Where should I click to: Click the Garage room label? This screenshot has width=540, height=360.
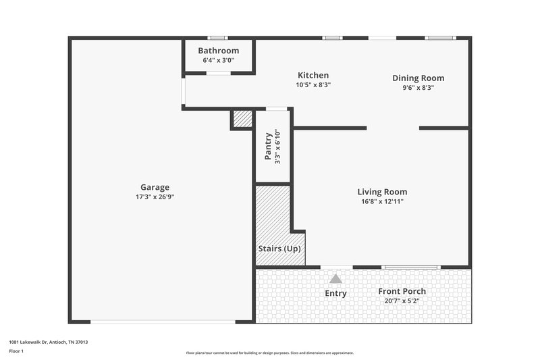pos(155,187)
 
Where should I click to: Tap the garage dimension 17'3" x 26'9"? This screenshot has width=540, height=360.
pos(155,197)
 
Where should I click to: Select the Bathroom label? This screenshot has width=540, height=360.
pos(218,51)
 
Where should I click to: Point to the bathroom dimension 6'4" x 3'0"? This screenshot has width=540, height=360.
pos(218,60)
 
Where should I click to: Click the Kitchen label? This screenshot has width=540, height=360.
pos(313,75)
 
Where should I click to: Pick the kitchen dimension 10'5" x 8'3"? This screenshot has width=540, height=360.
pos(313,85)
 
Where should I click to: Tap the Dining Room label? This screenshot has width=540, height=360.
pos(418,78)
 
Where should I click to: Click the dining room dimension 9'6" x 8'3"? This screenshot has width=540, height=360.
pos(418,87)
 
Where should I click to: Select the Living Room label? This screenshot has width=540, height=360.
pos(382,192)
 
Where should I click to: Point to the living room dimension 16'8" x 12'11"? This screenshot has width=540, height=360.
pos(382,201)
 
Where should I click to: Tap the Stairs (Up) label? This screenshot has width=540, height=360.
pos(279,249)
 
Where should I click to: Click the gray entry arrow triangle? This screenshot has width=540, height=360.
pos(335,278)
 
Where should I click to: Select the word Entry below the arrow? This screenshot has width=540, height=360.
pos(335,293)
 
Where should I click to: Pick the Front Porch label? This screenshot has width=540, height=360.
pos(402,291)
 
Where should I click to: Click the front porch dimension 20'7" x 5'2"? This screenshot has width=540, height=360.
pos(402,301)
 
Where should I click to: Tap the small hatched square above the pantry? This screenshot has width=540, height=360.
pos(242,119)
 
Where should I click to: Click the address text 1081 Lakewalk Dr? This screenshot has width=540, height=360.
pos(48,342)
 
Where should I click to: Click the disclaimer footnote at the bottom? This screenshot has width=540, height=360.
pos(269,353)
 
